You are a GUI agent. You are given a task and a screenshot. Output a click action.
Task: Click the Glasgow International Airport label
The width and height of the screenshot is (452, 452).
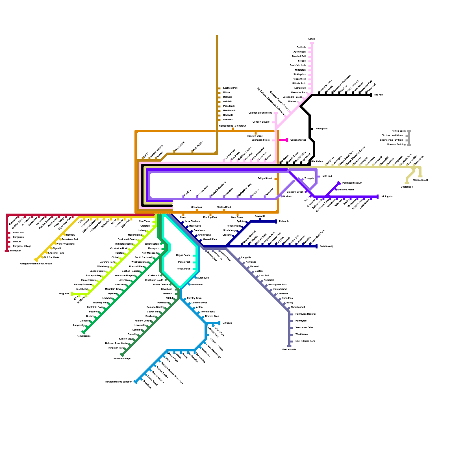pos(36,264)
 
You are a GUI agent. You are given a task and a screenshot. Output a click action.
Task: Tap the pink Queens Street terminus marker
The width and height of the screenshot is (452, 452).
pos(287,140)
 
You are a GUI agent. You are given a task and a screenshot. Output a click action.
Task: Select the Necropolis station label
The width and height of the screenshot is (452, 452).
pos(321,129)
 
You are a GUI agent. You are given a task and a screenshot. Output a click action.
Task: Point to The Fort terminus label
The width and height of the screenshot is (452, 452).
pos(378,95)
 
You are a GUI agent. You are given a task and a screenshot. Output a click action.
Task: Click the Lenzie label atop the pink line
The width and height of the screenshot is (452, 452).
pos(312,39)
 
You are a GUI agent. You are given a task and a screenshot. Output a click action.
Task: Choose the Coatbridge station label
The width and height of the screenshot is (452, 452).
pos(407,187)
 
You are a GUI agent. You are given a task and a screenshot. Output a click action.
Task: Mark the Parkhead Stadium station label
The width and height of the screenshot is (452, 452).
pos(352,183)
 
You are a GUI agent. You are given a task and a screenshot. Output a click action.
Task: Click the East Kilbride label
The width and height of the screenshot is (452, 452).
pos(289,350)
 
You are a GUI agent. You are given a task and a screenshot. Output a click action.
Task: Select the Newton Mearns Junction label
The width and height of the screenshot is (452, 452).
pos(119,382)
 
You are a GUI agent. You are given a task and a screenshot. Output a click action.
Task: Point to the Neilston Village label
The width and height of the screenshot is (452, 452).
pos(122,359)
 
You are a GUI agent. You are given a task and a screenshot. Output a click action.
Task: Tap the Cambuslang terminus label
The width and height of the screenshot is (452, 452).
pos(326,246)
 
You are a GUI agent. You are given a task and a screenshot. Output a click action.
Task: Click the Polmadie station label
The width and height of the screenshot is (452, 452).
pos(284,221)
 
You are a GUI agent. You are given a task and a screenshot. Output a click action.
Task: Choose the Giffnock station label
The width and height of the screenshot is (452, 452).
pos(227,323)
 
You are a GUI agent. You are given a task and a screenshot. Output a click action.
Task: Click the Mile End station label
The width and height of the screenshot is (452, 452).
pos(327,176)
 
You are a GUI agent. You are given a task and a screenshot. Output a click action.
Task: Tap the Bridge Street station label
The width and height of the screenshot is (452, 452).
pos(264,179)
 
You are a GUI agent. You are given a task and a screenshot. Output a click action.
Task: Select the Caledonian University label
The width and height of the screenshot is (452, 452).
pos(260,113)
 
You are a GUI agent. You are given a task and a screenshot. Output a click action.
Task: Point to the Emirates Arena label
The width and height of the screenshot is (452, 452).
pos(345,190)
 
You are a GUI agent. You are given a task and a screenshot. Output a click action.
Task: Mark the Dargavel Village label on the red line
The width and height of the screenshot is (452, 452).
pos(22,246)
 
